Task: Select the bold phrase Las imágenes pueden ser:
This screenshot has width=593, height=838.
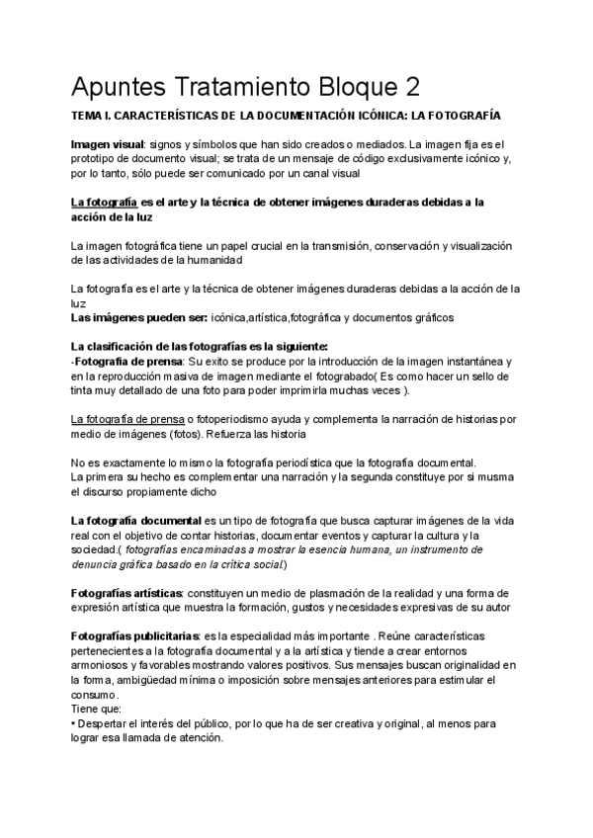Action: [138, 317]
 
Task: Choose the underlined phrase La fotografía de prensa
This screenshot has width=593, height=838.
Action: [135, 419]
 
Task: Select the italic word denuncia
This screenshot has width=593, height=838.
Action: [96, 563]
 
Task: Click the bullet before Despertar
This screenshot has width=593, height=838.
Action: [73, 723]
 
